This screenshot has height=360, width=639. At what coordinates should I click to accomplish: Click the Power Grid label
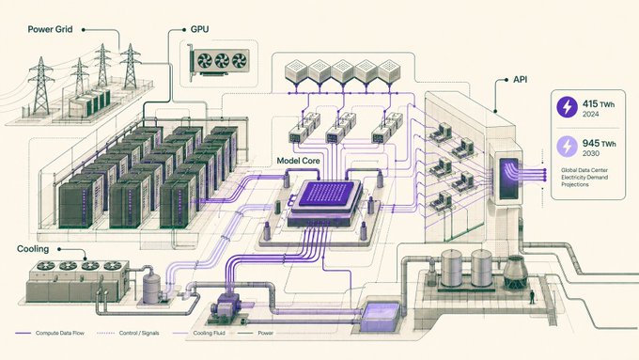(x=50, y=29)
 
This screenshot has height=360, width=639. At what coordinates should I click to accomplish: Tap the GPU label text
(x=199, y=29)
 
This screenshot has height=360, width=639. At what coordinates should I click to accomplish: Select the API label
(x=520, y=80)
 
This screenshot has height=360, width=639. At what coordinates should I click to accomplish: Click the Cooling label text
(x=33, y=249)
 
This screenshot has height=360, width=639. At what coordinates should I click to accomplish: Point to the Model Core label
(x=298, y=161)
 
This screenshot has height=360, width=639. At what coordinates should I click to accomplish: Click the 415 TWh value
(x=599, y=104)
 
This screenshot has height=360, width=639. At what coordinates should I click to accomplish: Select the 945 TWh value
(x=600, y=144)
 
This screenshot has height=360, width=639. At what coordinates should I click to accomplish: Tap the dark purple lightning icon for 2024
(x=568, y=107)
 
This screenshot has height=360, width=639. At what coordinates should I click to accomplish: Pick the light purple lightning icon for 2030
(x=568, y=147)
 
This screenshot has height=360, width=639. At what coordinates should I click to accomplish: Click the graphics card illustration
(x=218, y=62)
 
